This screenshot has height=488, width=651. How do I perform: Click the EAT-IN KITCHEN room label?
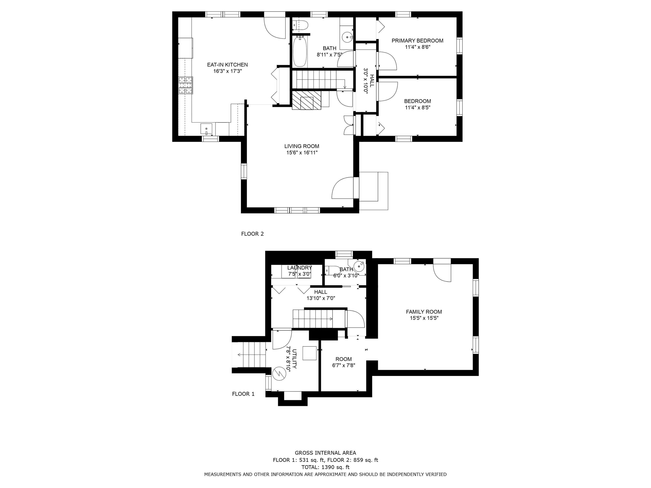tap(227, 65)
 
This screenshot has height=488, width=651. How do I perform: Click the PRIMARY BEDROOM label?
tap(417, 41)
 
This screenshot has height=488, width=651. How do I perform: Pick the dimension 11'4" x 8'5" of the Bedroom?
tap(417, 108)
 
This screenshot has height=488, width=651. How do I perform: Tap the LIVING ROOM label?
tap(301, 146)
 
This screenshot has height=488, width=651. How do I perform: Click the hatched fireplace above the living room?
tap(306, 100)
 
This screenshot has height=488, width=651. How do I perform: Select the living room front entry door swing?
tap(343, 188)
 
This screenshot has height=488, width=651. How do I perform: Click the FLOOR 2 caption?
tap(252, 234)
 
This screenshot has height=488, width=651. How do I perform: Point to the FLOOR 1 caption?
tap(243, 394)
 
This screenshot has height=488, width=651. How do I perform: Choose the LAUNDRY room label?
tap(299, 268)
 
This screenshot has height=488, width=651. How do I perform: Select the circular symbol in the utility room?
tap(279, 373)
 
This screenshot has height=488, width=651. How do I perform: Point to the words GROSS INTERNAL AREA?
tap(325, 453)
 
